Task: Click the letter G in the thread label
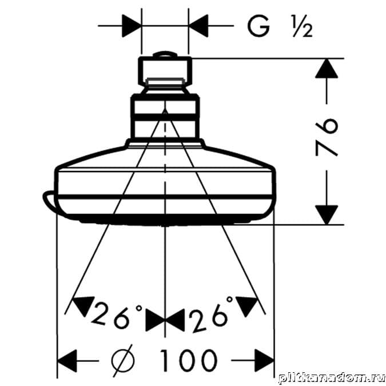tap(258, 26)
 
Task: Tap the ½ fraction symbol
tap(302, 26)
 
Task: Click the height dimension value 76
tap(326, 137)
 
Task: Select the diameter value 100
tap(189, 360)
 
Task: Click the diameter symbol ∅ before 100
tap(123, 360)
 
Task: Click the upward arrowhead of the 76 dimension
tap(327, 69)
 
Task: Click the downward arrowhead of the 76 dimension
tap(327, 215)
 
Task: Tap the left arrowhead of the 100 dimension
tap(67, 361)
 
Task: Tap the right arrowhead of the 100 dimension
tap(264, 361)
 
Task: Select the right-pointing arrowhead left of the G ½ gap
tap(132, 26)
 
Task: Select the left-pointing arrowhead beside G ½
tap(198, 26)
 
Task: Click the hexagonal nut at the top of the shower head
tap(165, 72)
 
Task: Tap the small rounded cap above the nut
tap(165, 54)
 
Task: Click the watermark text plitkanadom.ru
tap(332, 379)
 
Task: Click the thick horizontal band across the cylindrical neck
tap(165, 117)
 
